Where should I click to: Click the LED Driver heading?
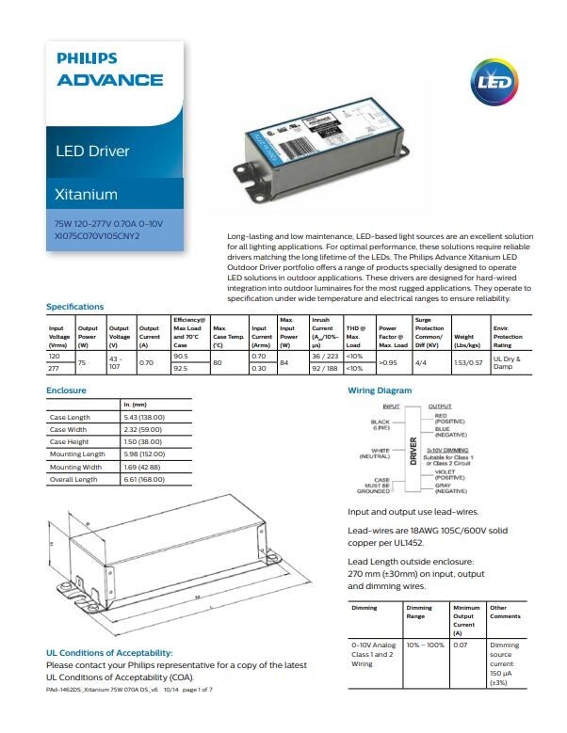point(92,151)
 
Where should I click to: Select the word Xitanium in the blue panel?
point(87,195)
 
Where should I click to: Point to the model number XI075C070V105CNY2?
point(97,235)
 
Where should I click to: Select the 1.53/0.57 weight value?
point(469,362)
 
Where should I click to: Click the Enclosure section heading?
point(66,389)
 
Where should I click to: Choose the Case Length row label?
point(70,417)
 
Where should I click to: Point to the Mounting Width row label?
point(75,467)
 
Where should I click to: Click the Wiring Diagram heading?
point(380,389)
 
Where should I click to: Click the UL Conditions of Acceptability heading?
point(109,652)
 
